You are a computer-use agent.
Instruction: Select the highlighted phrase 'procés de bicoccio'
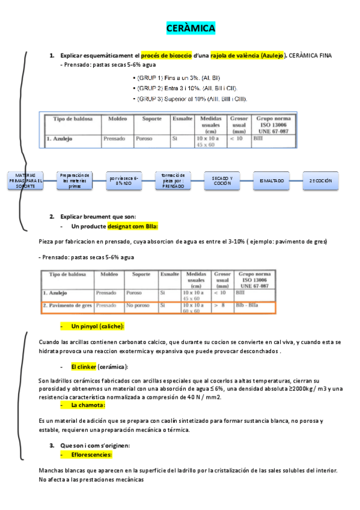(166, 55)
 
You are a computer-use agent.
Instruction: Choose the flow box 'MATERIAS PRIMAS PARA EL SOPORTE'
(26, 180)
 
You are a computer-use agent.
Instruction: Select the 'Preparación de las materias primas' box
(75, 180)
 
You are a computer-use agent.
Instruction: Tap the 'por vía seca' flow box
(124, 180)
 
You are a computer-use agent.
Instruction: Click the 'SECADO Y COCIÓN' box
(222, 180)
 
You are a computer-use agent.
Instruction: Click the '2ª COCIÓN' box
(320, 180)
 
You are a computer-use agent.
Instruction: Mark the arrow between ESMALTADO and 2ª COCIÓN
(296, 180)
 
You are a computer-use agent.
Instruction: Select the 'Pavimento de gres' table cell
(67, 306)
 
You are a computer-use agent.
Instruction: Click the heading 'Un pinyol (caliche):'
(97, 326)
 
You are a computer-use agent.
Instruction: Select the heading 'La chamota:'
(85, 405)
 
